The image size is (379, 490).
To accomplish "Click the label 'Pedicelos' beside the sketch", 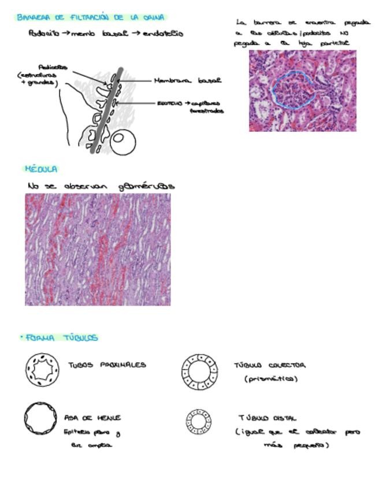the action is (53, 67).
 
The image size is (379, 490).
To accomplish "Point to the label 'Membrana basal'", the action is (187, 81).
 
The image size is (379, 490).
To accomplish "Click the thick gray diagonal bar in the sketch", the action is (107, 110).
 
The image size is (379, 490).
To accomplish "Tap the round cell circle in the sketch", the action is (123, 142).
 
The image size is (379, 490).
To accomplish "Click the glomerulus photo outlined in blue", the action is (302, 90).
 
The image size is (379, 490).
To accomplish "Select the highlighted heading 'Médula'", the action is (40, 169).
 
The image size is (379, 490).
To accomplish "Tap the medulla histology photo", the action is (98, 249).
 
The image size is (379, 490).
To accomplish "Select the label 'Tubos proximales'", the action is (107, 365).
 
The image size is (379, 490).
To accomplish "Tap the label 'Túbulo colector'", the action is (269, 365).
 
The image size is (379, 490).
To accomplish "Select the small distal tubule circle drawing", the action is (199, 422).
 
